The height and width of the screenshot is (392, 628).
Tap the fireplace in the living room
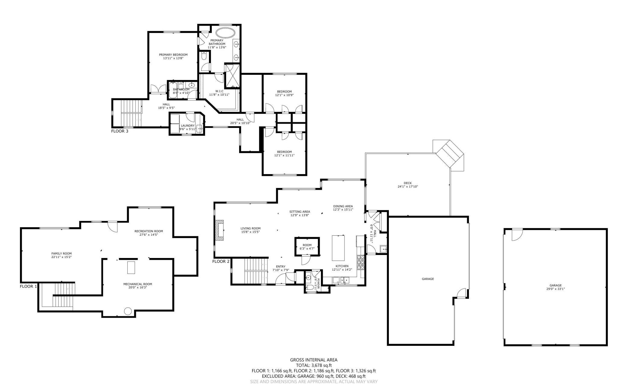[219, 230]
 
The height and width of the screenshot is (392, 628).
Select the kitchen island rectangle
[338, 248]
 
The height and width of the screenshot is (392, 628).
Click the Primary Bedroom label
[173, 55]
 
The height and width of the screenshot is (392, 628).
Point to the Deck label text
[408, 183]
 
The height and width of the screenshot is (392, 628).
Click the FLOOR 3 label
[120, 131]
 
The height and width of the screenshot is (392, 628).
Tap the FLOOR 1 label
[28, 286]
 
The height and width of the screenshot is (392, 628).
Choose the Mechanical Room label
[138, 284]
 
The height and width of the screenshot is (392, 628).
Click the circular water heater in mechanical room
[128, 311]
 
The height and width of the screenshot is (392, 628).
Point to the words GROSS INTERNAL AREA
[314, 360]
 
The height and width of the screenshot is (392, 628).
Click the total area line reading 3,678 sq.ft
[314, 365]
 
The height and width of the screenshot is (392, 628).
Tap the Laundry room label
[187, 126]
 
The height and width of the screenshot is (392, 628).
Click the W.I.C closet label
[219, 91]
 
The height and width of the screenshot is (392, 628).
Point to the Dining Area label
[343, 206]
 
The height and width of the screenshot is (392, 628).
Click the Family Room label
[62, 253]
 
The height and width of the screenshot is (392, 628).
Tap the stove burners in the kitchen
[361, 262]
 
